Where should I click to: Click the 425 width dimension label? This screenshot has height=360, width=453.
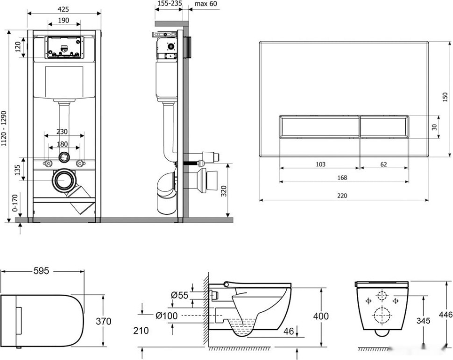click(63, 9)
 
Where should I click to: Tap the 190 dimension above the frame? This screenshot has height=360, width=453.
click(64, 20)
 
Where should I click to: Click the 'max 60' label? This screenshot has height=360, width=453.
click(205, 4)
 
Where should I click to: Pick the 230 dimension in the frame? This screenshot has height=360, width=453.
click(62, 132)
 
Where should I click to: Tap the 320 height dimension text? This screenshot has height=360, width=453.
click(224, 191)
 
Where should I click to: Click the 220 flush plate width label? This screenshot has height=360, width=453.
click(342, 196)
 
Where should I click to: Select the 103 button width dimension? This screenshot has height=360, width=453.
click(320, 164)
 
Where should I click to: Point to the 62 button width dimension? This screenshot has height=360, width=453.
click(383, 164)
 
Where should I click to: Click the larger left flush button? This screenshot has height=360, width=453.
click(319, 127)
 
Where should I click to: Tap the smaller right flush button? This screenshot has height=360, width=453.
click(384, 127)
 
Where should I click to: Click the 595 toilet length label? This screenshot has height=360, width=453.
click(41, 271)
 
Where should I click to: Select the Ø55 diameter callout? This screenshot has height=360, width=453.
click(179, 295)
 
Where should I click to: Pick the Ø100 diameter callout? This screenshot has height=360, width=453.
click(167, 316)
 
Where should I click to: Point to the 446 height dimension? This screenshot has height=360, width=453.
click(446, 315)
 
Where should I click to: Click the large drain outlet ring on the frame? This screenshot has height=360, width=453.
click(63, 180)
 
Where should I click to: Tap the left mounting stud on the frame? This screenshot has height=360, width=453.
click(48, 163)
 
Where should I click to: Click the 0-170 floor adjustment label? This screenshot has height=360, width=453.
click(15, 203)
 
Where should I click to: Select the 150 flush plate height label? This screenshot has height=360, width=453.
click(445, 97)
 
